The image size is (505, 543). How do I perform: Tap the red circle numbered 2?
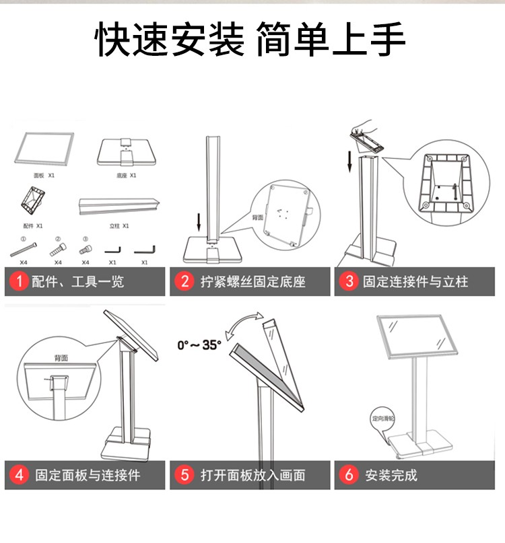coord(184,281)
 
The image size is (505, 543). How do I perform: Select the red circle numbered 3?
coord(349,281)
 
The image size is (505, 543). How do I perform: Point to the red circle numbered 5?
coord(184,475)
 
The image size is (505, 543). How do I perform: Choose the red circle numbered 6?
coord(349,475)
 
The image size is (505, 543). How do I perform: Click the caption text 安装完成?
coord(391,475)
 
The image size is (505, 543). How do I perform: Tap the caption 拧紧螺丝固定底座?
coord(252,281)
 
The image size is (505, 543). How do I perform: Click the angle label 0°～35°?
coord(199,345)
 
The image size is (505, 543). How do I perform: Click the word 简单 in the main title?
coord(294,41)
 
